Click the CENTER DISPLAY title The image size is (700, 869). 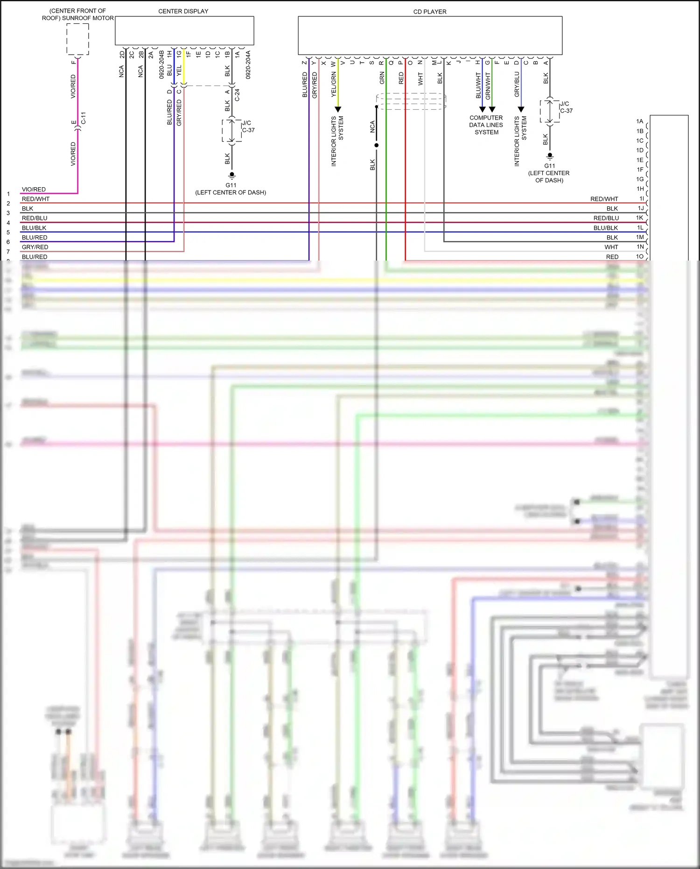(183, 11)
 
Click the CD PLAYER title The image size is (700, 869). (429, 12)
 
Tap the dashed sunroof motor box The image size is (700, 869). (77, 39)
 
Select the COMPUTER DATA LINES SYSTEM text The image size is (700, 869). (486, 125)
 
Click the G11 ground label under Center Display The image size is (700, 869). (231, 185)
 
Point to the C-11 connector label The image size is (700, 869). (84, 118)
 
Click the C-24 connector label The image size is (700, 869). (237, 95)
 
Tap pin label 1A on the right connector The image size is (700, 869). (639, 121)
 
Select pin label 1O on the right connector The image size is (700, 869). (639, 256)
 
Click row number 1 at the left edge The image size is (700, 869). (8, 194)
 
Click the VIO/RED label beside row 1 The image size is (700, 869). (34, 189)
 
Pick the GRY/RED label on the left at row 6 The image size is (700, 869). (35, 247)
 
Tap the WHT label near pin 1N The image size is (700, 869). (611, 247)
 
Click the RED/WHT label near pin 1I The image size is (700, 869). (604, 199)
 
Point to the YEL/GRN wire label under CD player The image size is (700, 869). (333, 85)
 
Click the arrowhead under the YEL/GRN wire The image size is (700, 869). (338, 109)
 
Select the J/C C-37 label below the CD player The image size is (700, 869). (566, 107)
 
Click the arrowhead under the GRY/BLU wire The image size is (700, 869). (521, 109)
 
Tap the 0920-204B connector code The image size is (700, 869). (161, 64)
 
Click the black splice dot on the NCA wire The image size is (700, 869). (376, 145)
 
